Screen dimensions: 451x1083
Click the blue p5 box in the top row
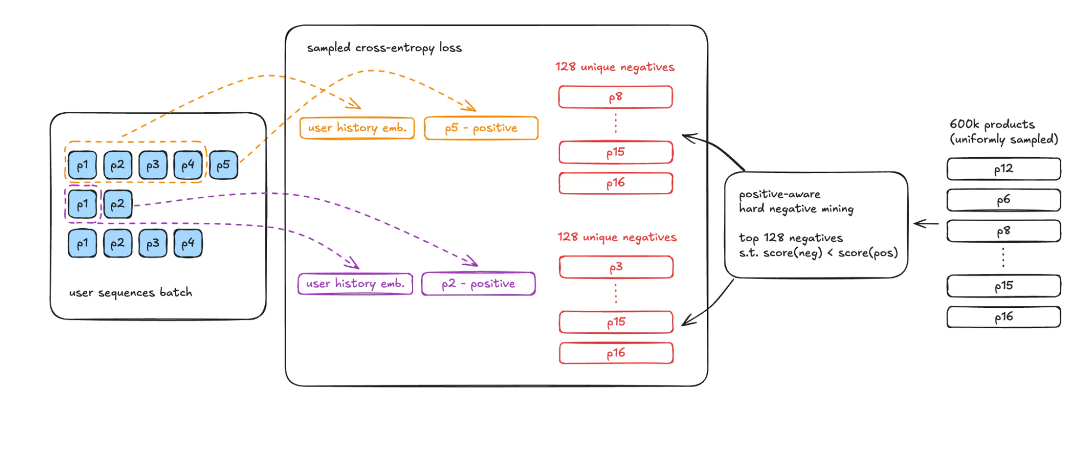(223, 165)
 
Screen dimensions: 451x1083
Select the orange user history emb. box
(357, 128)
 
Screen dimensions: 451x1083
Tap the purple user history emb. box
(355, 284)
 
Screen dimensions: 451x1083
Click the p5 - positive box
(481, 128)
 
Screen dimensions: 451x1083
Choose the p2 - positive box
(478, 284)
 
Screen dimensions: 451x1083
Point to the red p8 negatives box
(615, 98)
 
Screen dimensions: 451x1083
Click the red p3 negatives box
(616, 267)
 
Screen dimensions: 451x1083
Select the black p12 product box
(1003, 169)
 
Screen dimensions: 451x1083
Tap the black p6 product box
(1003, 200)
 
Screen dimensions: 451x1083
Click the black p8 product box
(1003, 231)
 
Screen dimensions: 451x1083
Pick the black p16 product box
(1003, 317)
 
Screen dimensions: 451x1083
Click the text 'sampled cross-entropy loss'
(384, 48)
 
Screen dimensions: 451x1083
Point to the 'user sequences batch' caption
(131, 293)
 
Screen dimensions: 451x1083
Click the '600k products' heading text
(992, 125)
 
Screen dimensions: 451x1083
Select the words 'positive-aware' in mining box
(780, 195)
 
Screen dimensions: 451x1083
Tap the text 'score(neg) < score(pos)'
(830, 253)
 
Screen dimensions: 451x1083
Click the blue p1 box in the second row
(82, 204)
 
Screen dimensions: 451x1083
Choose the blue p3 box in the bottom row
(153, 243)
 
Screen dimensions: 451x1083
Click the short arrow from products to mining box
(926, 223)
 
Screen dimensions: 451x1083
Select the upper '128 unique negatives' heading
(614, 67)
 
